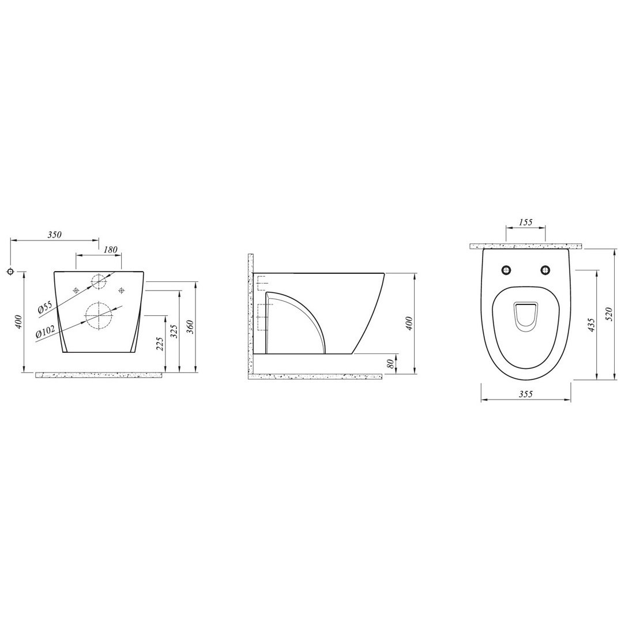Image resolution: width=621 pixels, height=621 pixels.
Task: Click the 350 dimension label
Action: [x=55, y=235]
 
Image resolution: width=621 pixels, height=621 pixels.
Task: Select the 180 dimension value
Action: [x=111, y=250]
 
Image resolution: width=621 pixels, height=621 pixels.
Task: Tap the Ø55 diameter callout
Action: [x=45, y=307]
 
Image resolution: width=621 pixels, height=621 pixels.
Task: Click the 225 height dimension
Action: [x=161, y=344]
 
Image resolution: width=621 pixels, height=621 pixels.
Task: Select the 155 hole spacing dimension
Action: [x=525, y=222]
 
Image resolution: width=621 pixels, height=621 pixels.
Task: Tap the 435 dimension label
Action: [x=591, y=325]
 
